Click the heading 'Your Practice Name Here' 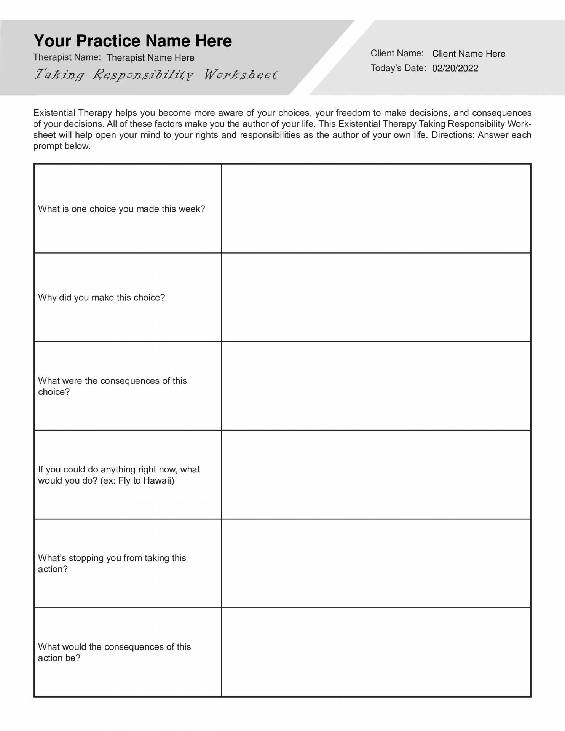(x=132, y=41)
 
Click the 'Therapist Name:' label (x=67, y=57)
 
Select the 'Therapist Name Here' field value (x=150, y=58)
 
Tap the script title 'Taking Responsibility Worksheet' (x=156, y=74)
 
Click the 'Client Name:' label (x=397, y=53)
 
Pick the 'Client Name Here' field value (x=469, y=54)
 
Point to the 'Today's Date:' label (x=398, y=68)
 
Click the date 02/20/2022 (x=455, y=69)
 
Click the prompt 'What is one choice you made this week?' (x=121, y=209)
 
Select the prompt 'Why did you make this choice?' (x=101, y=298)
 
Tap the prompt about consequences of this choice (x=112, y=386)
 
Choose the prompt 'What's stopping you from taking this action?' (x=112, y=563)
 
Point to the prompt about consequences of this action (x=114, y=652)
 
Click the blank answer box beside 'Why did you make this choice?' (x=376, y=297)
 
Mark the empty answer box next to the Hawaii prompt (x=376, y=475)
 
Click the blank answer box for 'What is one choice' (x=376, y=209)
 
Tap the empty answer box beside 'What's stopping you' (x=376, y=563)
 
